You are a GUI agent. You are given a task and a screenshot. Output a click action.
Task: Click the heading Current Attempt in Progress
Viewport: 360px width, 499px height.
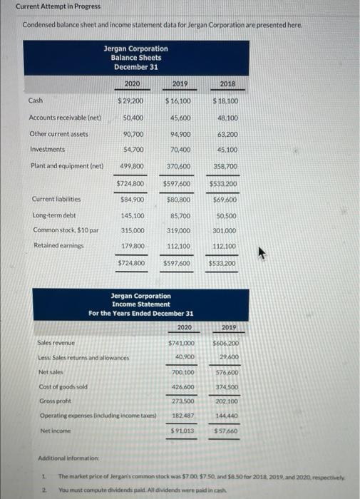(48, 6)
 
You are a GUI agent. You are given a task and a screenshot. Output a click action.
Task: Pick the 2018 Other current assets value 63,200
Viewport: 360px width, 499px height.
(226, 134)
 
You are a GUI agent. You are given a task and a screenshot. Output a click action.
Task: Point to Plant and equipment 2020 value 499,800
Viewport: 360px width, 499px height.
(133, 166)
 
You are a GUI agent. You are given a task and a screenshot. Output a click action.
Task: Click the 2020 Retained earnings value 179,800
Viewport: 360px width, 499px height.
(133, 246)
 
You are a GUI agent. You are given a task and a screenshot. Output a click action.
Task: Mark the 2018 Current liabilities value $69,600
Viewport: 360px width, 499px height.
(225, 198)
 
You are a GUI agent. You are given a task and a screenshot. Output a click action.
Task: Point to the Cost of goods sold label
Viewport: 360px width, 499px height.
(63, 386)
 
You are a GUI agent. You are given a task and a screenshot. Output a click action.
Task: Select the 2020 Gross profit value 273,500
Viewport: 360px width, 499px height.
(183, 401)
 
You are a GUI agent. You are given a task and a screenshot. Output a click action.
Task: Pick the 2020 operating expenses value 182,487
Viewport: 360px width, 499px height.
(183, 415)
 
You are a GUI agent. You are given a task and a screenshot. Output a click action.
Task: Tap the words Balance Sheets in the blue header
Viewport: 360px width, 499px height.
(135, 58)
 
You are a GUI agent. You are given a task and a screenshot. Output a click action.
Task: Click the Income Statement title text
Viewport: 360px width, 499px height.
(140, 304)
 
